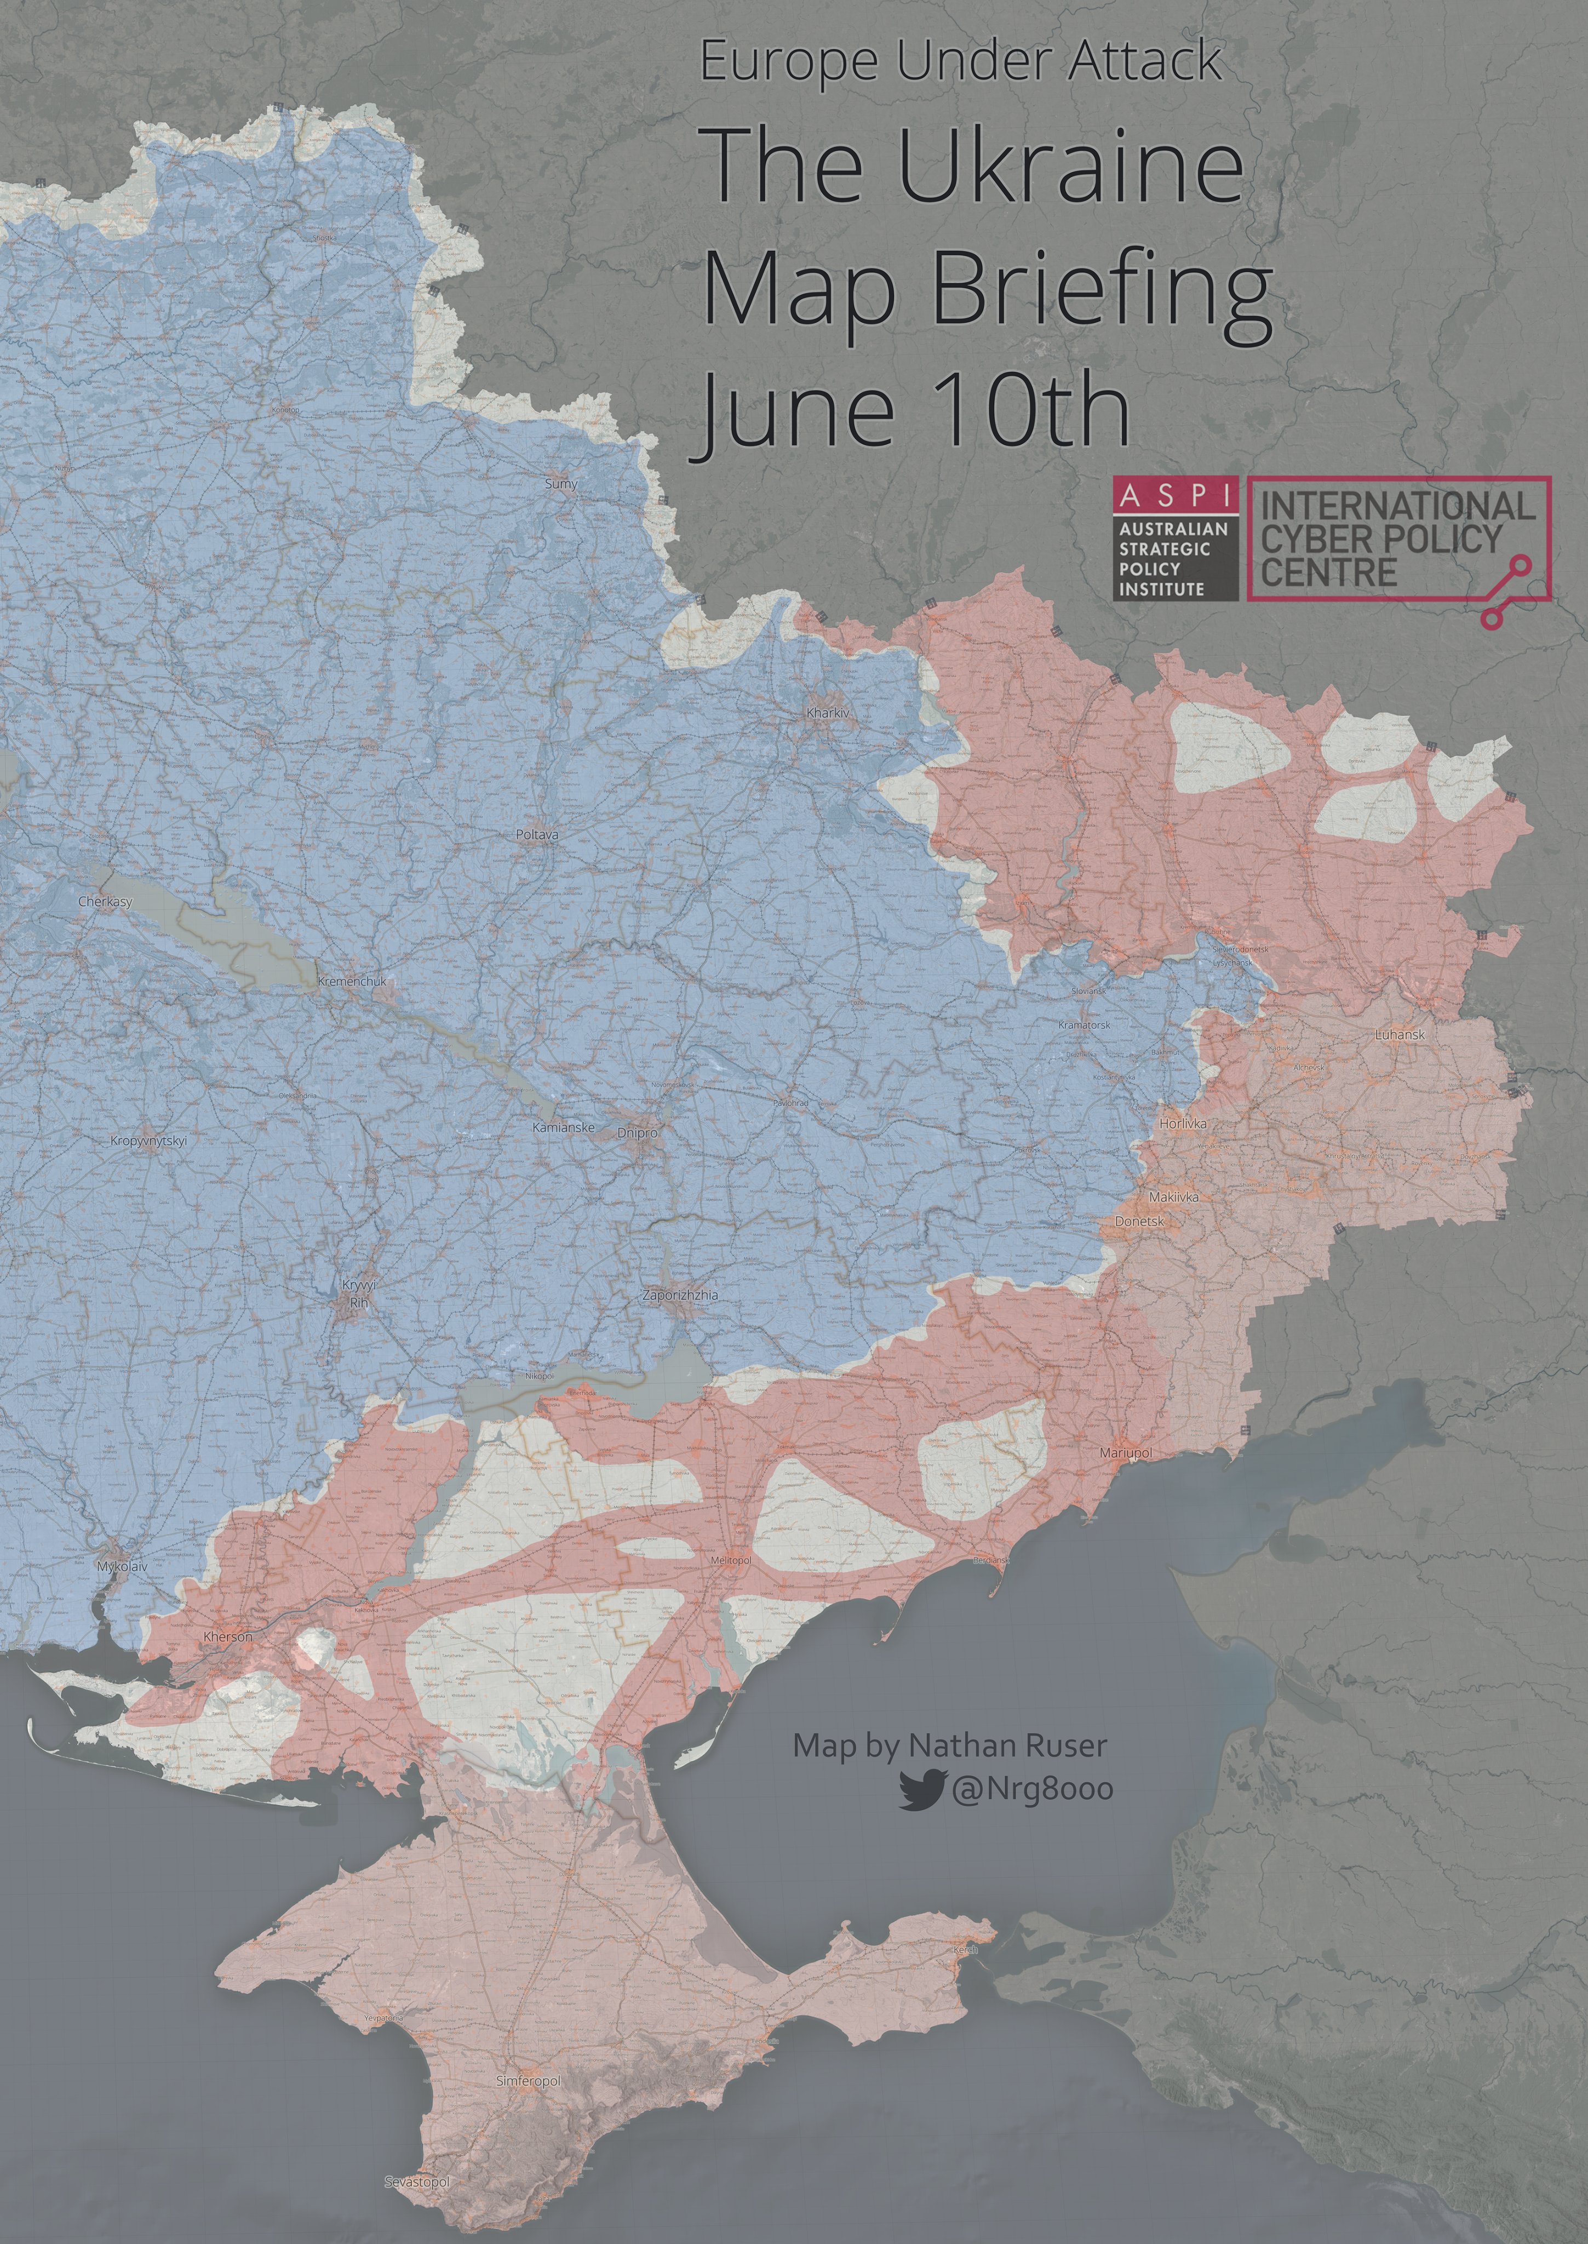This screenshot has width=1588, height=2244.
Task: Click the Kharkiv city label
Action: [x=827, y=713]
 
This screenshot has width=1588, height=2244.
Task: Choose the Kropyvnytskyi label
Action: [x=148, y=1140]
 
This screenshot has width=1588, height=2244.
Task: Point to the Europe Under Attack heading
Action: [x=960, y=62]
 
